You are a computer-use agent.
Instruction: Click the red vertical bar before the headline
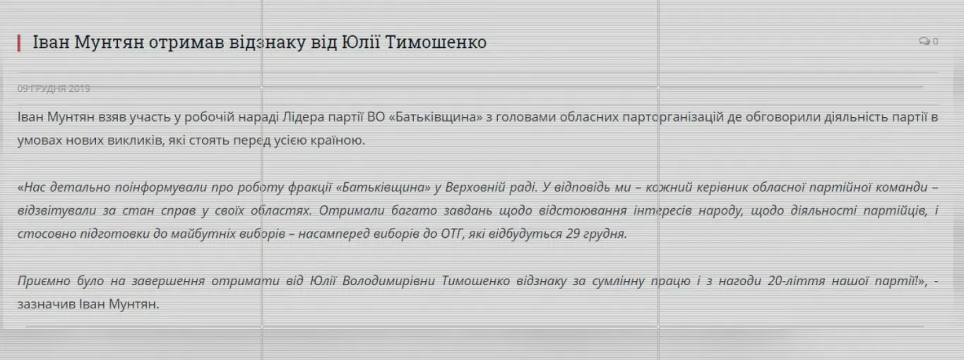[x=19, y=42]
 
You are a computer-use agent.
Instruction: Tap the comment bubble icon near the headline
[x=924, y=42]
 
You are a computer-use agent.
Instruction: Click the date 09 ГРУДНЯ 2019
[x=54, y=88]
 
